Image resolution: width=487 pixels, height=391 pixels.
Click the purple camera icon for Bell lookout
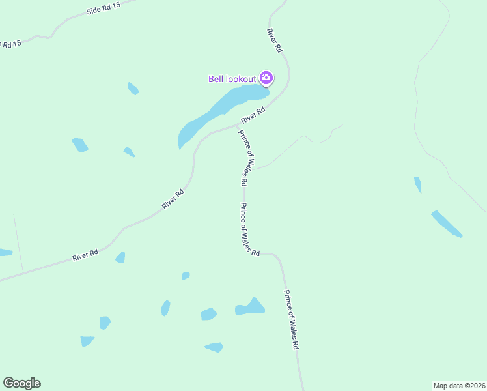click(266, 78)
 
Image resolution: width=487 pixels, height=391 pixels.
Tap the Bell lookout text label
click(232, 80)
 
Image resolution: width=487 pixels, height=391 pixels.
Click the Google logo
click(21, 383)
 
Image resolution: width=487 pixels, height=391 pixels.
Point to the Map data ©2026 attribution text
click(460, 386)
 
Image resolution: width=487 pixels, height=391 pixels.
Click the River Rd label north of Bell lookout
click(275, 40)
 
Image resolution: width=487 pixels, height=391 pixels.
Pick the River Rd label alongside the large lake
click(253, 115)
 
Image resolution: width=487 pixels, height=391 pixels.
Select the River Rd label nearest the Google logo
click(85, 255)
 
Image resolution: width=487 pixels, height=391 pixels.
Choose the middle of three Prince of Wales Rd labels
click(249, 229)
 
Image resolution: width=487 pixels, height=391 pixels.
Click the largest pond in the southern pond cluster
click(251, 308)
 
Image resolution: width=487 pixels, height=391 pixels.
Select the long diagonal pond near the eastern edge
click(447, 224)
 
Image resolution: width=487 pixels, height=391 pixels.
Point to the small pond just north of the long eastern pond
click(418, 184)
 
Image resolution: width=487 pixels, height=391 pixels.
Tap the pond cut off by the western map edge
click(5, 252)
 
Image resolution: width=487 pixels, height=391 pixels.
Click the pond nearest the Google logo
click(87, 341)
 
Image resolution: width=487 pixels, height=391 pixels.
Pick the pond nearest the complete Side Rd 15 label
click(133, 89)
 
